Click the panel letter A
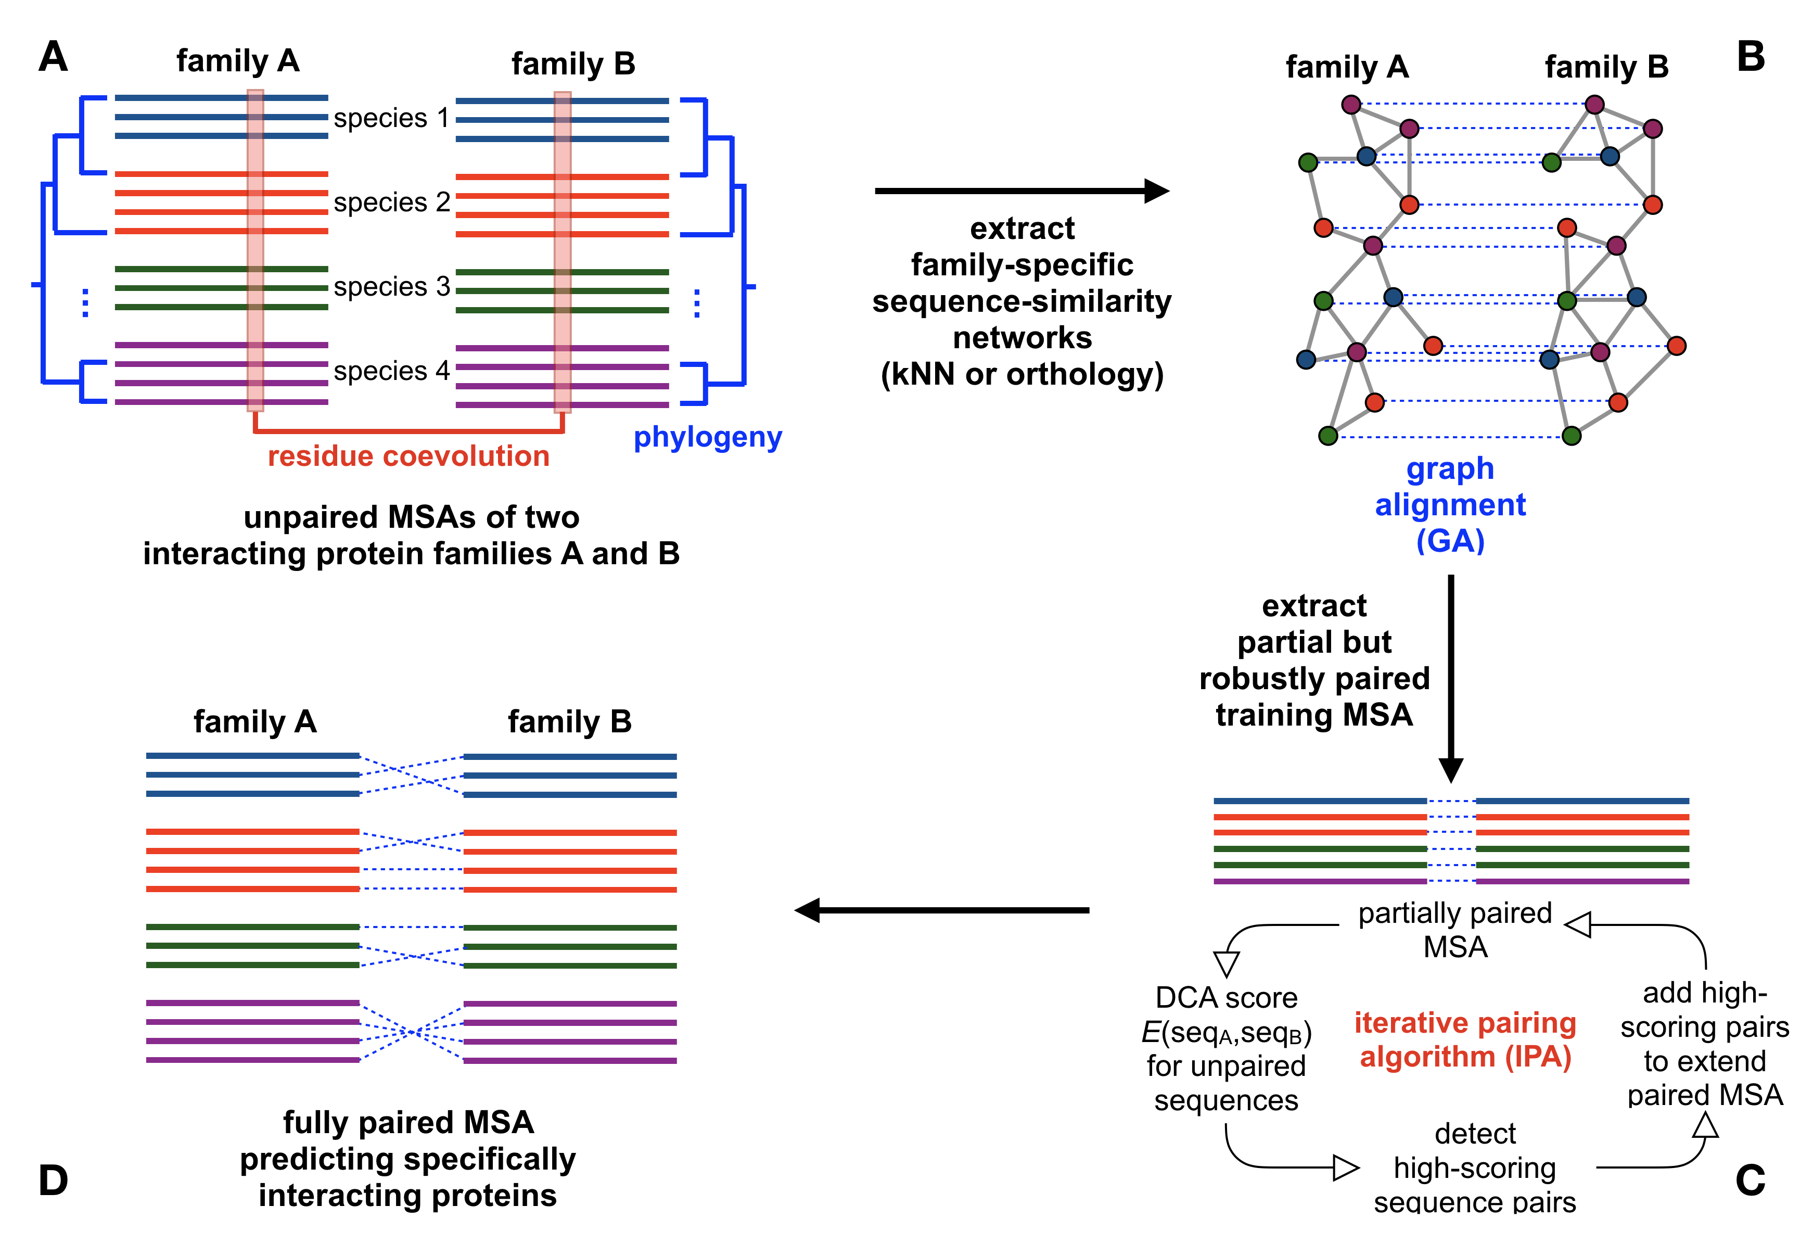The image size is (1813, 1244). point(53,57)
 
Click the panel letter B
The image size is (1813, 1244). point(1751,57)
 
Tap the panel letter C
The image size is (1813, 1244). point(1750,1180)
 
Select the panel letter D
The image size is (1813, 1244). point(53,1180)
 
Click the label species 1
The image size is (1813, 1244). point(392,119)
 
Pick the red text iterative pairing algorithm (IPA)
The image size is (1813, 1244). point(1464,1039)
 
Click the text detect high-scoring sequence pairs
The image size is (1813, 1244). point(1474,1169)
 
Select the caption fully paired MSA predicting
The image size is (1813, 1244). point(408,1159)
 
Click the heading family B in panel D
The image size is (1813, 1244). point(569,722)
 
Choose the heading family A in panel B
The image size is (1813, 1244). point(1347,67)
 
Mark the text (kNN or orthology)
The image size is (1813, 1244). point(1022,375)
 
